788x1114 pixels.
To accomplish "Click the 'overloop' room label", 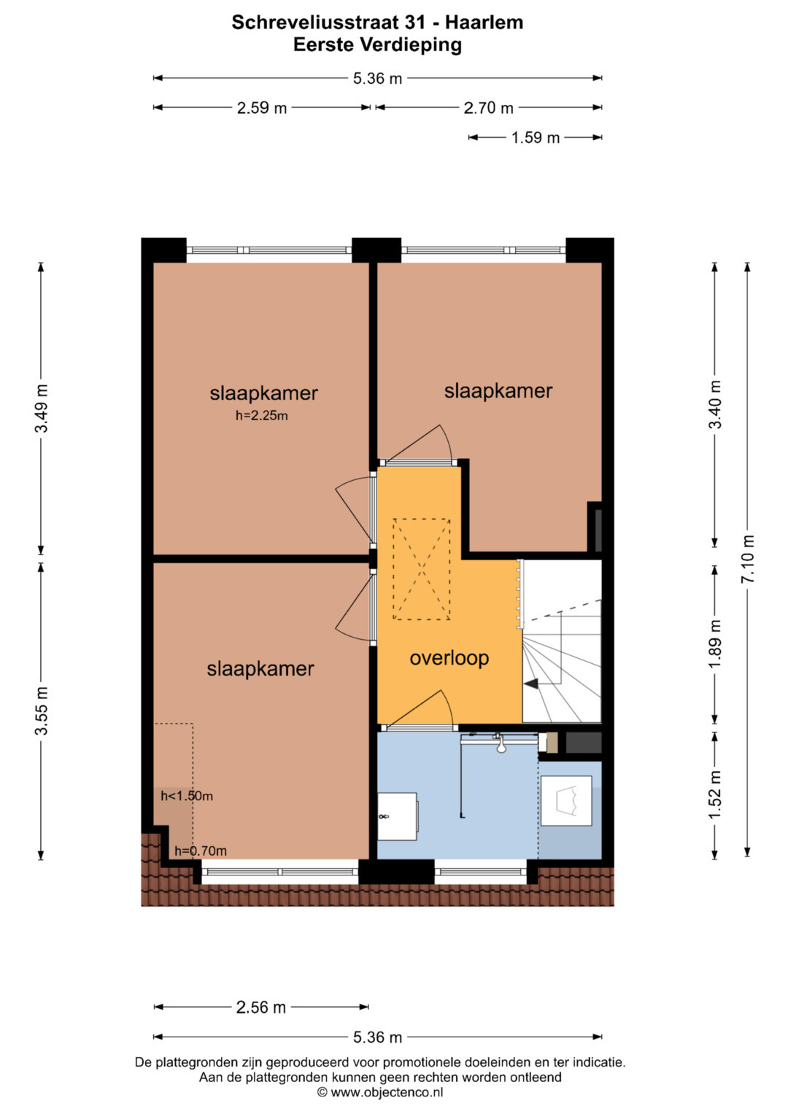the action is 449,659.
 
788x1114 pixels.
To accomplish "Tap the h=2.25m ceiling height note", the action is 262,415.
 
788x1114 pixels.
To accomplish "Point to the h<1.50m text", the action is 187,796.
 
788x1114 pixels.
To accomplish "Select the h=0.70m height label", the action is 201,851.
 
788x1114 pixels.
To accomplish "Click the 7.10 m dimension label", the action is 747,559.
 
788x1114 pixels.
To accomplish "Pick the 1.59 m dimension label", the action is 536,138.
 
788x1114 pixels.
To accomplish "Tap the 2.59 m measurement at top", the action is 262,108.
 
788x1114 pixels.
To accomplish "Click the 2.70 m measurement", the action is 488,108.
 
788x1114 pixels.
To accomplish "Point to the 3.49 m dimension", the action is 42,408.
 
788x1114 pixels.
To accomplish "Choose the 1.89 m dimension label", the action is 715,644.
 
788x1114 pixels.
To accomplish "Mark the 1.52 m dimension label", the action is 715,795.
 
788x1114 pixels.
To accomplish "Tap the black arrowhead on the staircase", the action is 531,684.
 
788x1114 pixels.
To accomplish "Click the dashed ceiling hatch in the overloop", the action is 422,569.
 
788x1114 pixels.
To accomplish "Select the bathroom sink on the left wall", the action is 397,816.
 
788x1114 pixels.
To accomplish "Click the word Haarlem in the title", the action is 484,23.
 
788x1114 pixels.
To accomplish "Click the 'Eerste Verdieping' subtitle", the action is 378,45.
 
